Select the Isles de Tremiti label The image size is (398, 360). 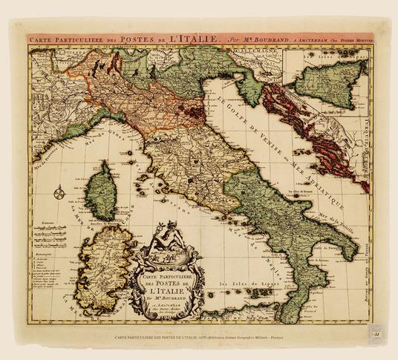pos(286,173)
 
